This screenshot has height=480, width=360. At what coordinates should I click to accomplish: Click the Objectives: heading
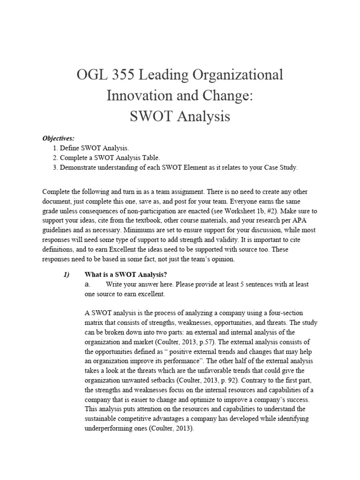(59, 138)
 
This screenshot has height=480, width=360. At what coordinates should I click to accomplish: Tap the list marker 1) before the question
(66, 274)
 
